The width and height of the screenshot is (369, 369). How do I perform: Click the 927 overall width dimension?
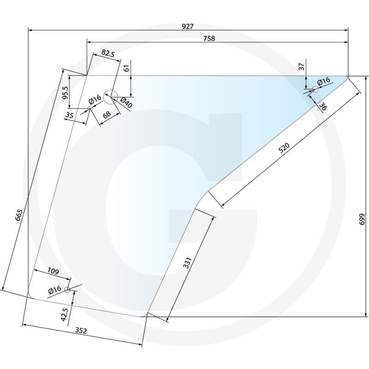tap(188, 26)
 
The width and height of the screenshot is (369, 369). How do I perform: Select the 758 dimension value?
tap(209, 38)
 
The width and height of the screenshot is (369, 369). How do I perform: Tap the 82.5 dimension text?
tap(108, 54)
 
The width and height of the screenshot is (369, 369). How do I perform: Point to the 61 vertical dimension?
tap(126, 68)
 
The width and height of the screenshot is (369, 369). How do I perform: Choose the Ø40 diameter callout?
tap(126, 102)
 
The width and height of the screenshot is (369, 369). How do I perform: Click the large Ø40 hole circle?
tap(110, 97)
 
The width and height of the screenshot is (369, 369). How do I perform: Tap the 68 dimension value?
tap(107, 114)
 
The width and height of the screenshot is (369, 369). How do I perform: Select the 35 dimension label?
tap(70, 115)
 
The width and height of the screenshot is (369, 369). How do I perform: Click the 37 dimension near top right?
tap(302, 66)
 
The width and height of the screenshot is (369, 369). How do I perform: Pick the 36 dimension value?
tap(323, 107)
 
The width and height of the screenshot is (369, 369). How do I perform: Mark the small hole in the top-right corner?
tap(315, 89)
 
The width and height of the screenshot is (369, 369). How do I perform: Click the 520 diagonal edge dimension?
tap(284, 148)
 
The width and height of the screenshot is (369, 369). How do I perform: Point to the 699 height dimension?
tap(362, 219)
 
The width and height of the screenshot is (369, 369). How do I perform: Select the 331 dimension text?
tap(188, 263)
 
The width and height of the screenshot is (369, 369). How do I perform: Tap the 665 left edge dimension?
tap(19, 215)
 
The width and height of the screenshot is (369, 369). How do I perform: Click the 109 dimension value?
tap(53, 271)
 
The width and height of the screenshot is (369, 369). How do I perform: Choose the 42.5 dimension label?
tap(64, 315)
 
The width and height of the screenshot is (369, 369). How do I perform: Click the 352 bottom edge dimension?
tap(81, 331)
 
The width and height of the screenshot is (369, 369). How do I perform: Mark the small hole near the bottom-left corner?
tap(67, 290)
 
